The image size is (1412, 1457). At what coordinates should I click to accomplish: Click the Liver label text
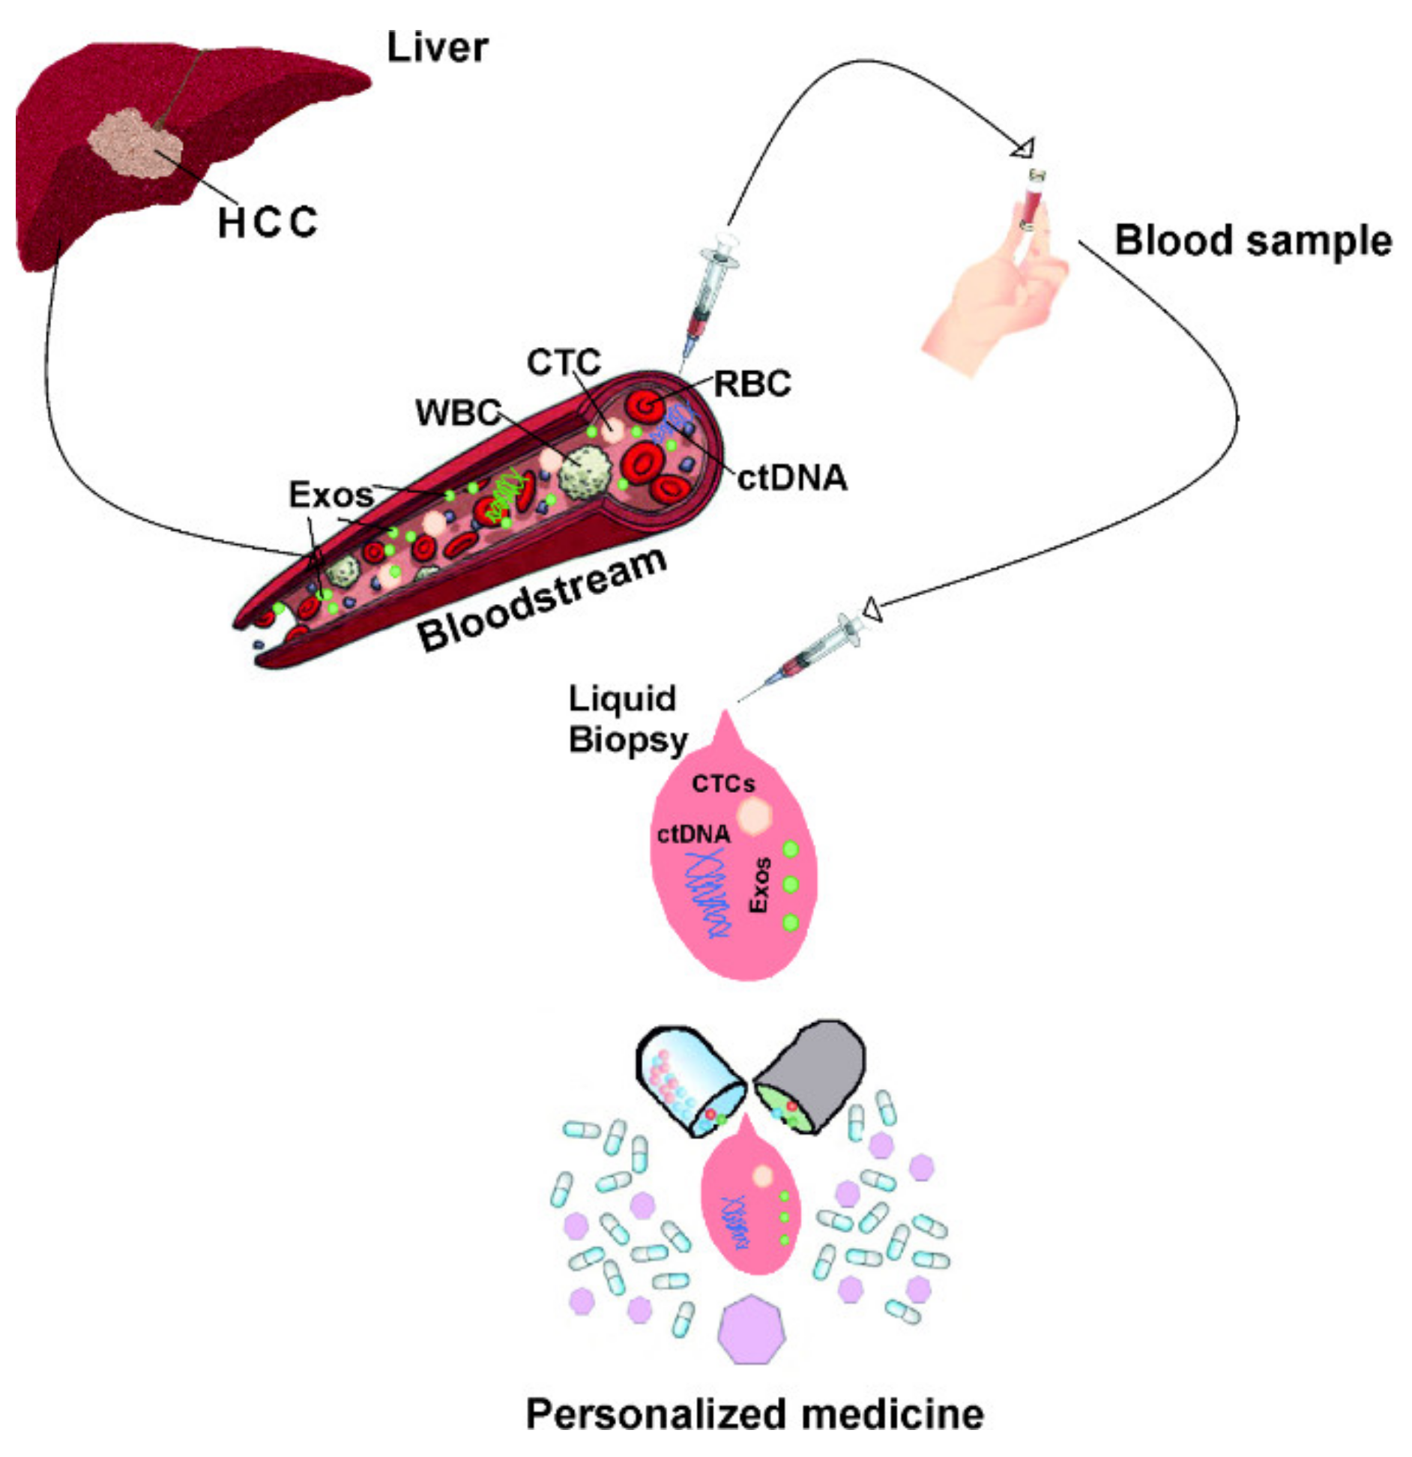[x=437, y=48]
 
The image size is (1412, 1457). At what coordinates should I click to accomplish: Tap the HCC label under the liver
[x=268, y=223]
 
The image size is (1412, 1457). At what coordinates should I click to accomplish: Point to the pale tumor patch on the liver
[x=134, y=144]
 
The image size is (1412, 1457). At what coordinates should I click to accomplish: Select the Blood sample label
[x=1252, y=241]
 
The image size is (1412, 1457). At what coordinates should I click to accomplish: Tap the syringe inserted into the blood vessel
[x=709, y=292]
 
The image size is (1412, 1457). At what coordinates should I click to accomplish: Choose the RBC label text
[x=752, y=384]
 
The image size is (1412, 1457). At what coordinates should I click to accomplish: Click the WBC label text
[x=458, y=412]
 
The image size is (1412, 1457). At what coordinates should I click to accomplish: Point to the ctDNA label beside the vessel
[x=792, y=478]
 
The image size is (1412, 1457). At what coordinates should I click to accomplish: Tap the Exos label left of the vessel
[x=331, y=495]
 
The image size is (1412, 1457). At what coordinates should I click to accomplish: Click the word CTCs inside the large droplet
[x=722, y=784]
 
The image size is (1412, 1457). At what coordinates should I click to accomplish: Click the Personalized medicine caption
[x=754, y=1414]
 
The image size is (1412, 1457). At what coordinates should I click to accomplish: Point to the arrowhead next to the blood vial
[x=1022, y=148]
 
